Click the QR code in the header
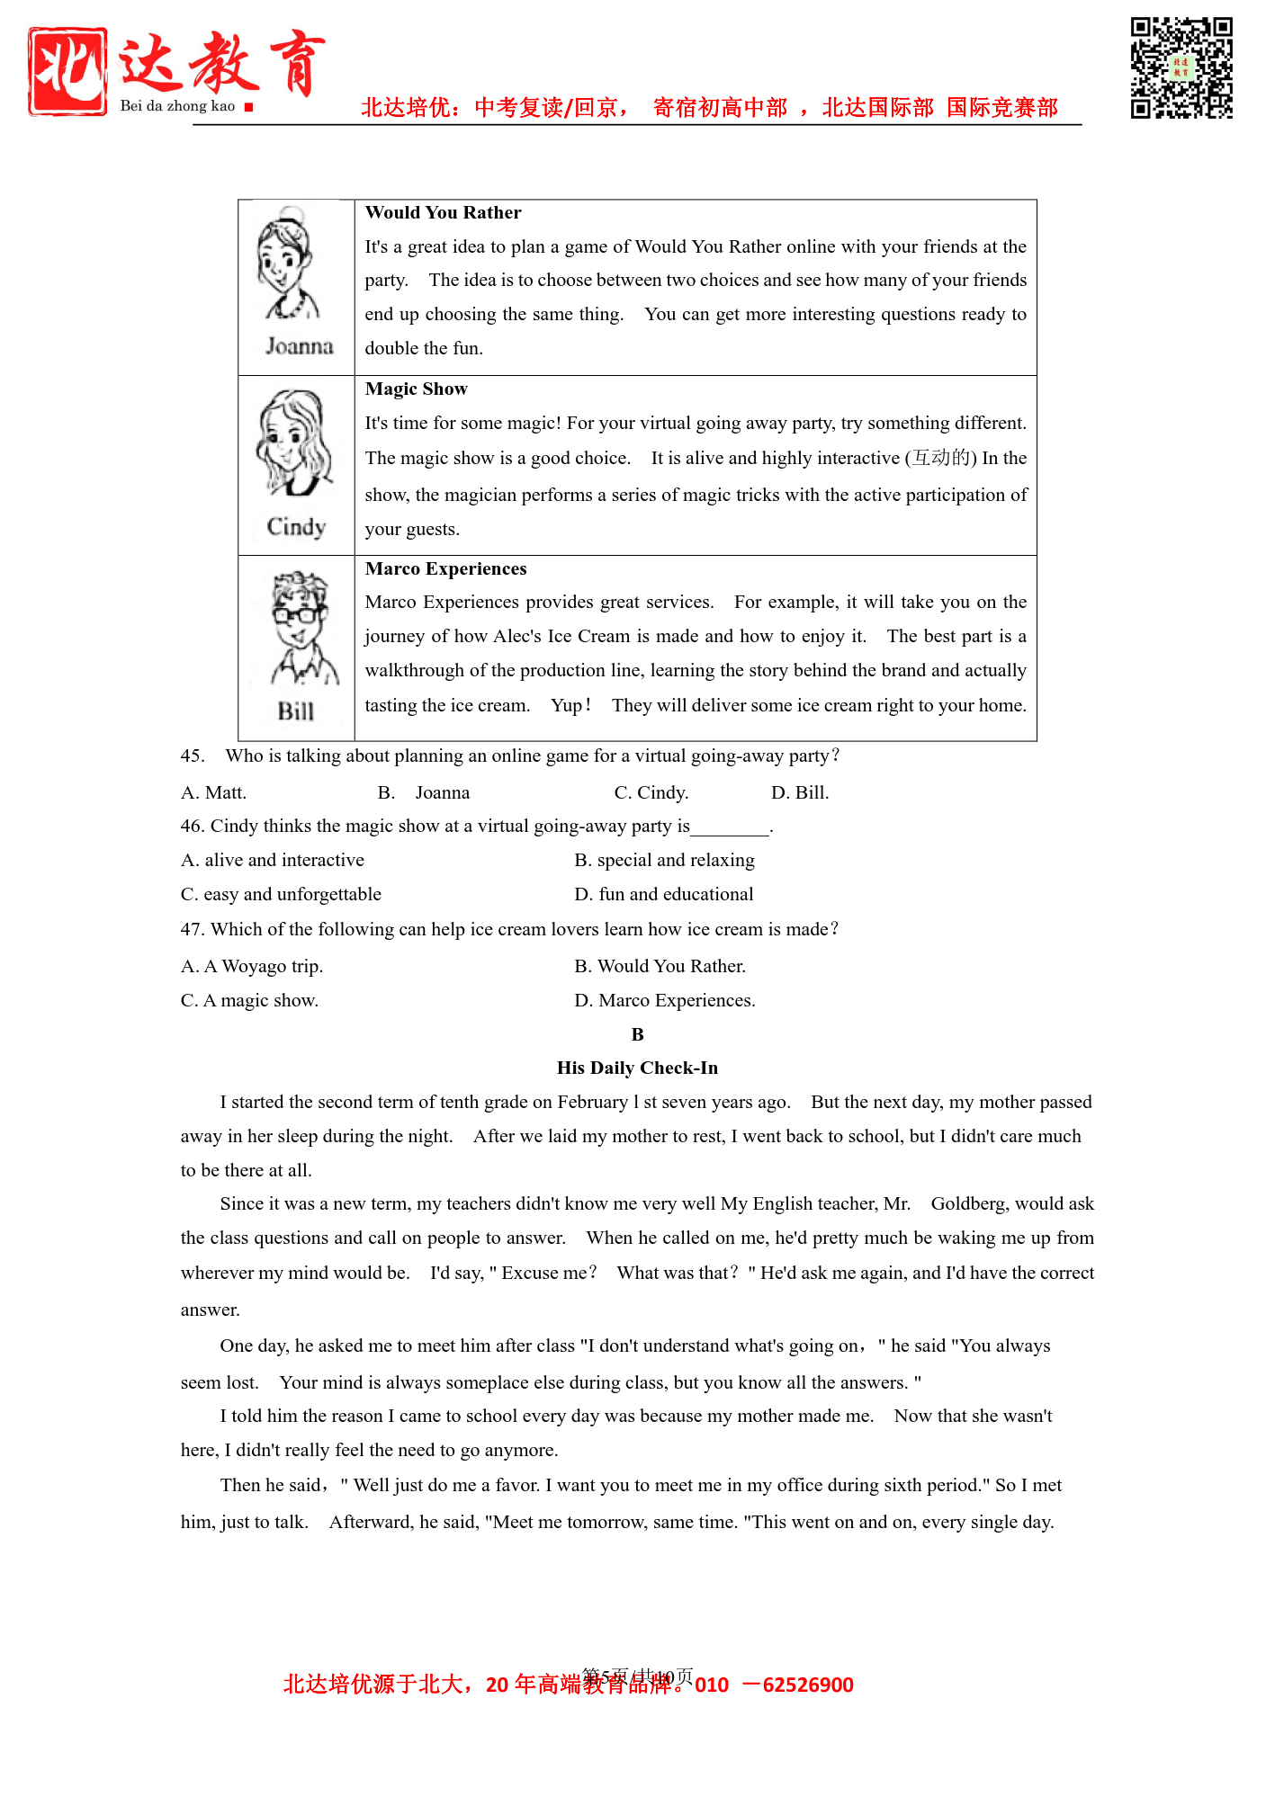point(1181,67)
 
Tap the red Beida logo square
point(67,71)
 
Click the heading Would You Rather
point(443,213)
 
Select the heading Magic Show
point(416,389)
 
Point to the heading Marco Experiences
point(445,569)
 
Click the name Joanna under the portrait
point(299,346)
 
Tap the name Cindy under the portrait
point(296,526)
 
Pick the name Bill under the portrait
point(295,711)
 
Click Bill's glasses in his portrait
point(299,615)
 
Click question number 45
point(192,756)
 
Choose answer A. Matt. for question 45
point(213,793)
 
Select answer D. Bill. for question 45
point(800,793)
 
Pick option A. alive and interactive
point(273,861)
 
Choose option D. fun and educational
point(664,895)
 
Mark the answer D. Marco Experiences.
point(665,1001)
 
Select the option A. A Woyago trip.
point(252,967)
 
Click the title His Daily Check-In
point(637,1068)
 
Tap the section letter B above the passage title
point(637,1035)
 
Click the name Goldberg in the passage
point(968,1204)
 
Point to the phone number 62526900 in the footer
point(807,1685)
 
